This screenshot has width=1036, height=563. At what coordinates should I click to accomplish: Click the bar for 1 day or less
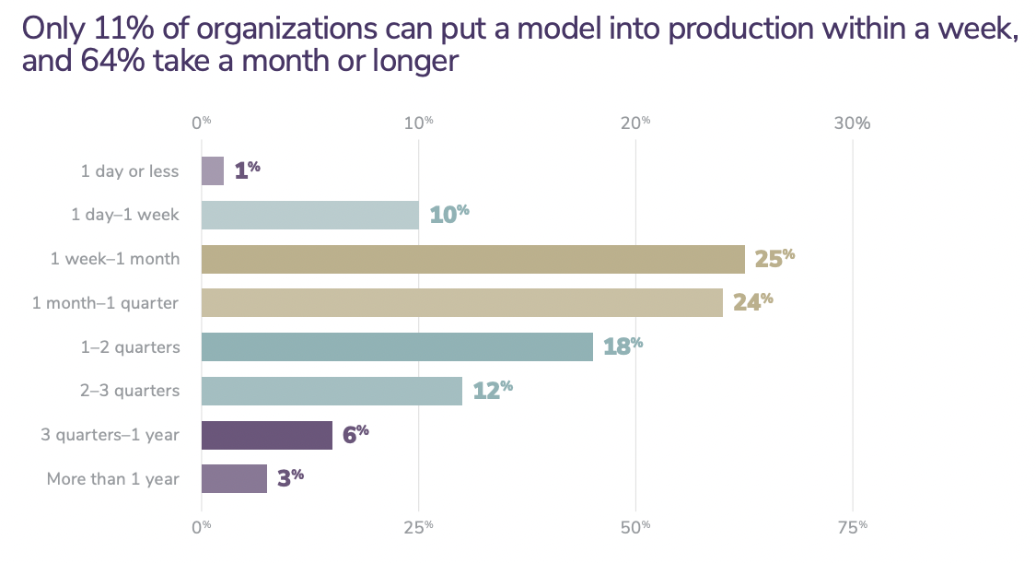coord(213,170)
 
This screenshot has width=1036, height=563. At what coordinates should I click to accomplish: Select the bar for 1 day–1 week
coord(310,215)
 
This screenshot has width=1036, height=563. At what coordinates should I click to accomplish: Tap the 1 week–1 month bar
coord(473,259)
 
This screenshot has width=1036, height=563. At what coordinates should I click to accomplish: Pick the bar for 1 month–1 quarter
coord(462,303)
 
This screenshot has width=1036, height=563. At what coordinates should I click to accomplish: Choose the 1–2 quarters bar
coord(398,346)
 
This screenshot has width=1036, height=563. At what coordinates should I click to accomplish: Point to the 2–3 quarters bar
coord(332,391)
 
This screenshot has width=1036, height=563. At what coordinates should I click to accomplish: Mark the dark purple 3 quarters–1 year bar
coord(267,435)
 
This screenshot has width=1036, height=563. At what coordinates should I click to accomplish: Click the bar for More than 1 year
coord(235,478)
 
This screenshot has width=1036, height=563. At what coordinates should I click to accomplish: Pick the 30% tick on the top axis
coord(852,123)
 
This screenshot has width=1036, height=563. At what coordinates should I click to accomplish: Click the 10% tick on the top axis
coord(418,123)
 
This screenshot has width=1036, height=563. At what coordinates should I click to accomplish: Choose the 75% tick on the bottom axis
coord(852,527)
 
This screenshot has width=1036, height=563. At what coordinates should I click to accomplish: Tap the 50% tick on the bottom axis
coord(635,527)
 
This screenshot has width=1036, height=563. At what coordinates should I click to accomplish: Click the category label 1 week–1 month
coord(115,259)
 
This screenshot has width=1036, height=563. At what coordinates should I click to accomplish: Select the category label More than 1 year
coord(113,479)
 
